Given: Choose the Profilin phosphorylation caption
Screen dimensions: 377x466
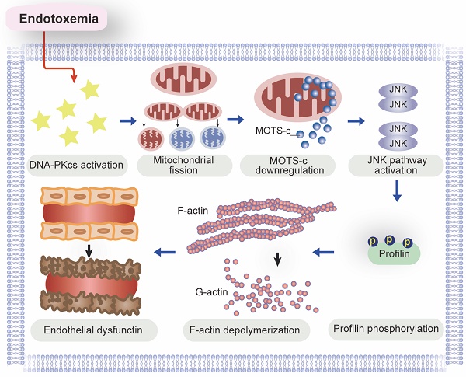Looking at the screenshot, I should (x=385, y=328).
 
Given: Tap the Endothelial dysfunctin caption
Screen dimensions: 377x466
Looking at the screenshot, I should (x=92, y=331).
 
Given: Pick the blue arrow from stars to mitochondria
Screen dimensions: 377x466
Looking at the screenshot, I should (x=126, y=121).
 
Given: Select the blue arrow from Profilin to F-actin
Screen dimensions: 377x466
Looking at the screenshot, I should (x=324, y=251).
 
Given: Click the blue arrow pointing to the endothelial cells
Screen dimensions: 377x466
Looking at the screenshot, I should (x=165, y=251).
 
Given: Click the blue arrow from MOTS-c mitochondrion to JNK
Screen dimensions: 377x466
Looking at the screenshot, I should (x=356, y=121).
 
